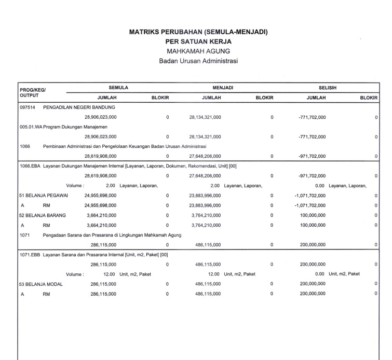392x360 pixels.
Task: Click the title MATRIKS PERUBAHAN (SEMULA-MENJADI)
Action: pyautogui.click(x=198, y=32)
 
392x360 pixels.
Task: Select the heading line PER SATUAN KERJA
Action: pyautogui.click(x=198, y=41)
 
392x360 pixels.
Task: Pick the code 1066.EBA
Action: pyautogui.click(x=29, y=165)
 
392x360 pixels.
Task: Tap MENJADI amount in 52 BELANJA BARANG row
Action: pyautogui.click(x=208, y=215)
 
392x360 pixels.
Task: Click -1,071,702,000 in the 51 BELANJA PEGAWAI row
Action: pyautogui.click(x=310, y=196)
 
